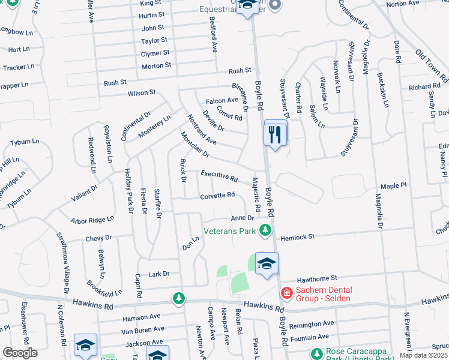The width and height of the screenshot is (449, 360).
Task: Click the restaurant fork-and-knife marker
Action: point(276,133)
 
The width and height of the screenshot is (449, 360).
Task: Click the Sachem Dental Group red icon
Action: point(287,293)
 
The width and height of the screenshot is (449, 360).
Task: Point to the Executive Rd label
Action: point(219,176)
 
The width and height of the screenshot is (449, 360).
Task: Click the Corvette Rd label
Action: point(217,196)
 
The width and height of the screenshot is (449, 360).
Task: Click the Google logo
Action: point(20,352)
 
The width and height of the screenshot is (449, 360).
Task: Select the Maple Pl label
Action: point(394,187)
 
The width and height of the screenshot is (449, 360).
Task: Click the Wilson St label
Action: point(142,93)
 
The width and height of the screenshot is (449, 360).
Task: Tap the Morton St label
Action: point(157,65)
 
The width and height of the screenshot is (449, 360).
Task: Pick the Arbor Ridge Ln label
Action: point(92,220)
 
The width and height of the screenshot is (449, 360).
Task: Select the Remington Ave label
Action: point(313,325)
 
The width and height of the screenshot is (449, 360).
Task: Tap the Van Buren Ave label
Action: point(142,329)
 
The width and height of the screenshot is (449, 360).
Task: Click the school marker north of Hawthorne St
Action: point(267,264)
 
